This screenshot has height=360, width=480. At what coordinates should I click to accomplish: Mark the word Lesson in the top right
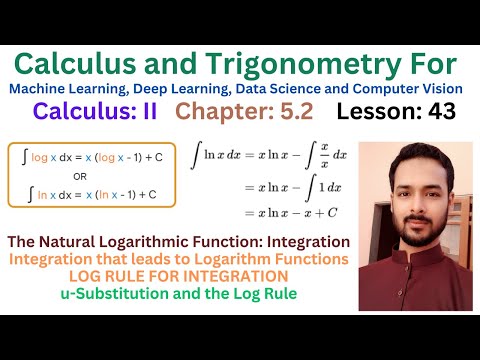tap(384, 111)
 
